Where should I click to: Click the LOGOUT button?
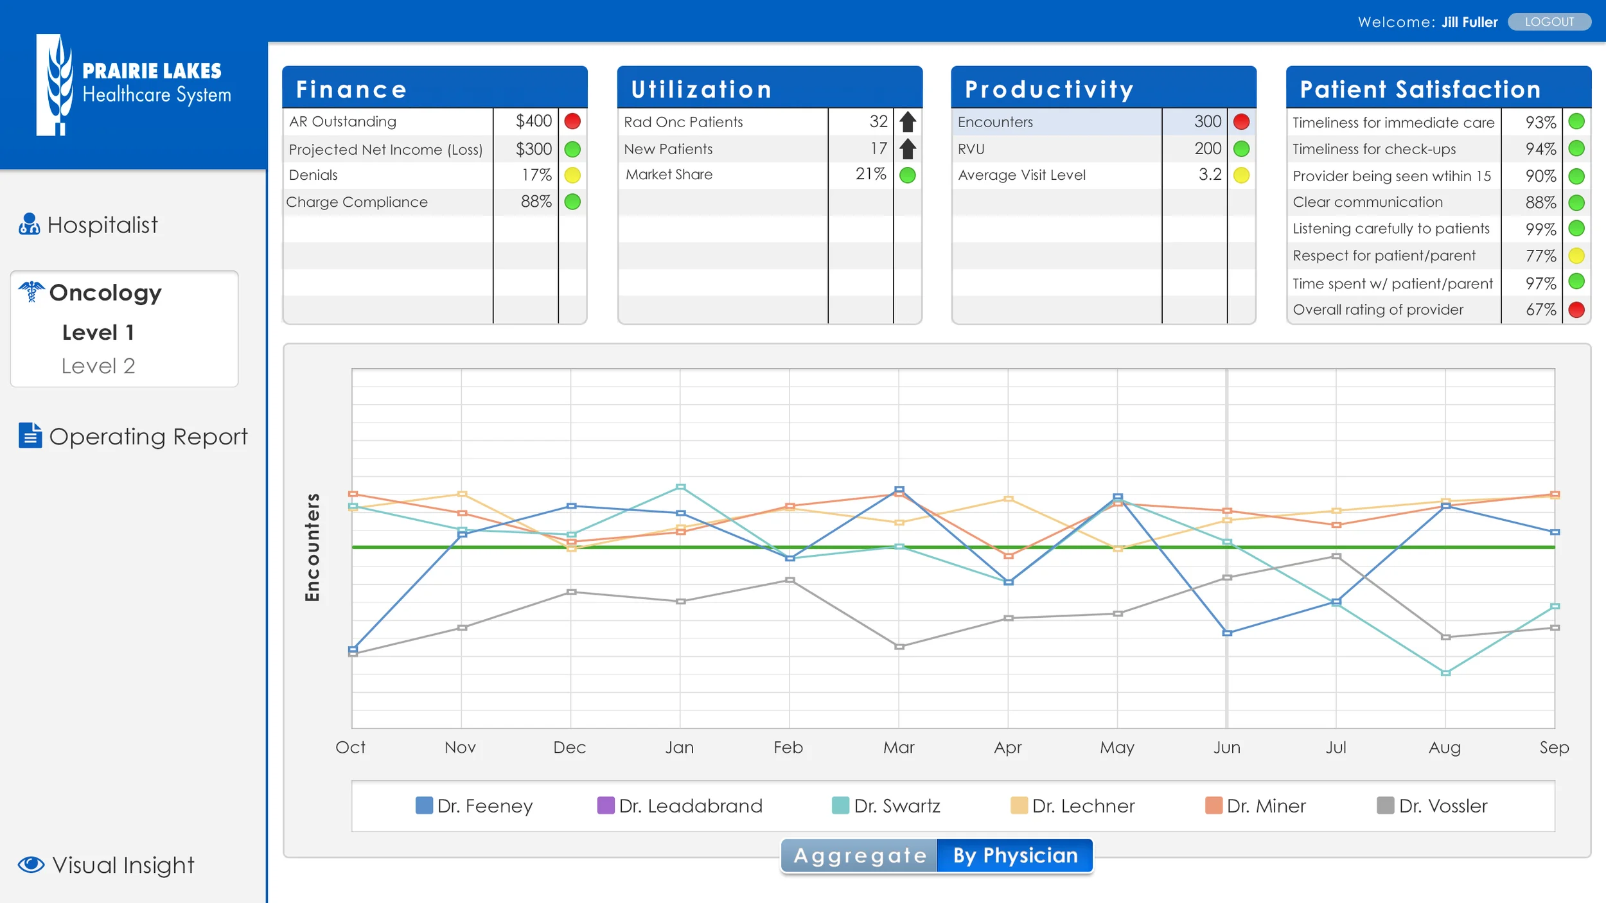pyautogui.click(x=1549, y=22)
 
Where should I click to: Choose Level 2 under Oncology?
pyautogui.click(x=98, y=366)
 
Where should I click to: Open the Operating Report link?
pyautogui.click(x=147, y=437)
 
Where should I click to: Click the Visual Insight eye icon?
pyautogui.click(x=31, y=864)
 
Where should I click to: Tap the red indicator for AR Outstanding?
pyautogui.click(x=572, y=121)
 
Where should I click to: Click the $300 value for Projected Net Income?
pyautogui.click(x=533, y=149)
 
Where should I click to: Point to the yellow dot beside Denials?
pyautogui.click(x=572, y=175)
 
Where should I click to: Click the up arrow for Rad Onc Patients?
pyautogui.click(x=907, y=121)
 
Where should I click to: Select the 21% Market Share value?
pyautogui.click(x=870, y=174)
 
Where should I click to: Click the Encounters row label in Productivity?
pyautogui.click(x=995, y=122)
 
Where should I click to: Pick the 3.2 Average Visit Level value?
pyautogui.click(x=1210, y=175)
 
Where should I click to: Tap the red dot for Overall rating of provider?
pyautogui.click(x=1576, y=310)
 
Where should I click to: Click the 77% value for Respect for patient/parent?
pyautogui.click(x=1540, y=256)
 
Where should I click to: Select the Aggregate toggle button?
pyautogui.click(x=860, y=855)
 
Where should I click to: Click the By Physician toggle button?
pyautogui.click(x=1015, y=855)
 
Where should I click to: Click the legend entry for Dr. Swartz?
pyautogui.click(x=887, y=806)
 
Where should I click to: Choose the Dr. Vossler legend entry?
pyautogui.click(x=1433, y=806)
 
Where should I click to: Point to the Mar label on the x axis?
pyautogui.click(x=898, y=748)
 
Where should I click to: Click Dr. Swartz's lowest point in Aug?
pyautogui.click(x=1445, y=673)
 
